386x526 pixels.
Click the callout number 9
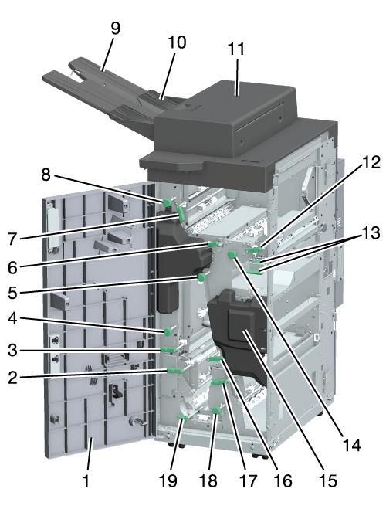coord(115,28)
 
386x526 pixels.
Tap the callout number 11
coord(236,49)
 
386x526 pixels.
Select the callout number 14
coord(352,446)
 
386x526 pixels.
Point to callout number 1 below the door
coord(86,480)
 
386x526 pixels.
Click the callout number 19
coord(168,480)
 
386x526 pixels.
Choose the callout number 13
coord(371,232)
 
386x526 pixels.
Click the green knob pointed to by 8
coord(167,202)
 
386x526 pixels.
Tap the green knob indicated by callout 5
coord(201,277)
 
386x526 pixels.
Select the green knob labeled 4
coord(168,332)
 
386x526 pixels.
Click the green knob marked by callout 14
coord(232,256)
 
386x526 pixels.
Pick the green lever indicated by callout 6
coord(213,243)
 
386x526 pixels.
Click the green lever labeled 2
coord(175,370)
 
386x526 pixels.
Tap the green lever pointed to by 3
coord(169,350)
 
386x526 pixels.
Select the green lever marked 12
coord(253,250)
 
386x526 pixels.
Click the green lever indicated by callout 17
coord(220,382)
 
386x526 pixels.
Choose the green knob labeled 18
coord(217,410)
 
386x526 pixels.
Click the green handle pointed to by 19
coord(182,417)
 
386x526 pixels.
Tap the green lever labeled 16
coord(215,359)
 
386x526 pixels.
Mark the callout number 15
coord(327,480)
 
